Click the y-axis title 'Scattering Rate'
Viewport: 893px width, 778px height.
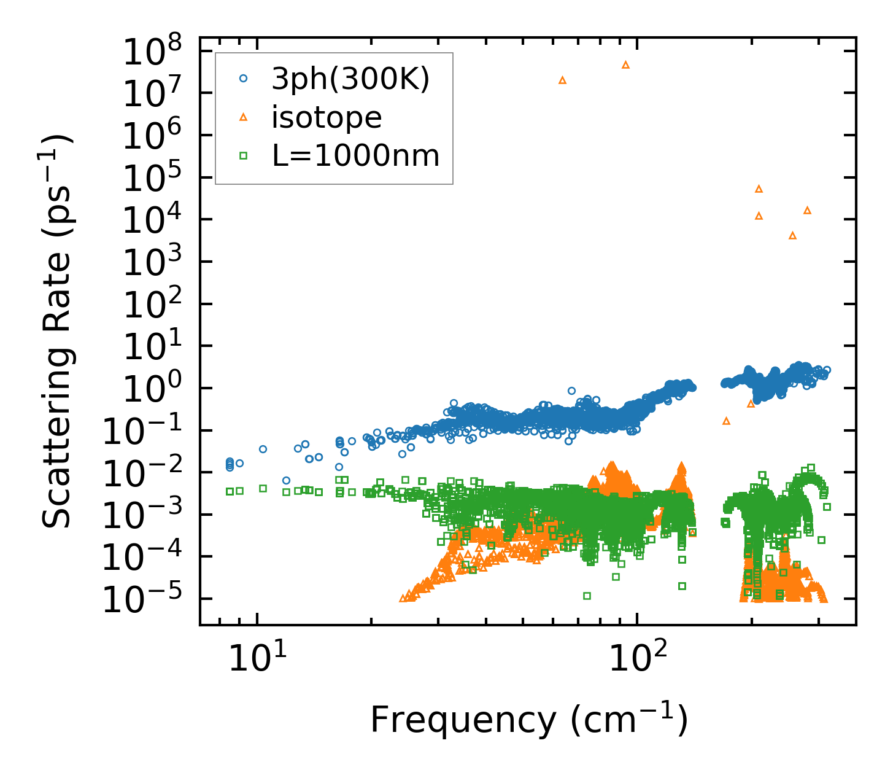pos(56,332)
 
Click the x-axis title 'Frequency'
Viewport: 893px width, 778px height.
pos(528,720)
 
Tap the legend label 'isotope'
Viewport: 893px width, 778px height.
pos(327,117)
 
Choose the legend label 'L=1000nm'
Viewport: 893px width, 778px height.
pos(356,156)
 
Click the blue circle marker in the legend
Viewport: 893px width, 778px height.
pos(244,78)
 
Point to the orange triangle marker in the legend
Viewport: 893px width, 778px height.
pos(244,117)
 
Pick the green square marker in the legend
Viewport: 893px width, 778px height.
pos(244,156)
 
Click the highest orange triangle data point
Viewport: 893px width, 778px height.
pos(625,64)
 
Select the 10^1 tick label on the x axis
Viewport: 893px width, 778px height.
pos(257,660)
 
